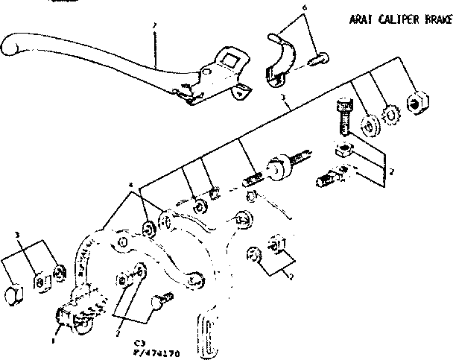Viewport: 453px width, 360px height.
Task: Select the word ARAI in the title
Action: point(360,21)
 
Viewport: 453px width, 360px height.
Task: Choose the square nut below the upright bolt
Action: point(343,151)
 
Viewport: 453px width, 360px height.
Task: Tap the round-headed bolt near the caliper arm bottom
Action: point(162,303)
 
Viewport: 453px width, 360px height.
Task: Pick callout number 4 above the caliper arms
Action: point(130,183)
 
